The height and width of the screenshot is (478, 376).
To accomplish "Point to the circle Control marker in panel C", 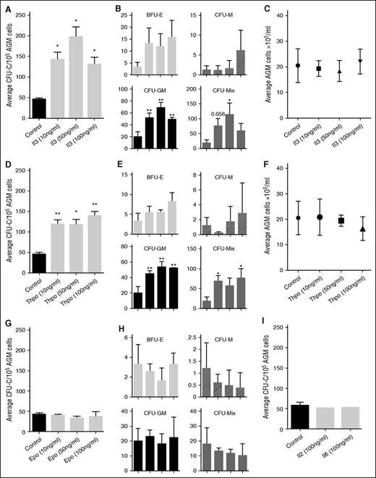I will coord(278,66).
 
